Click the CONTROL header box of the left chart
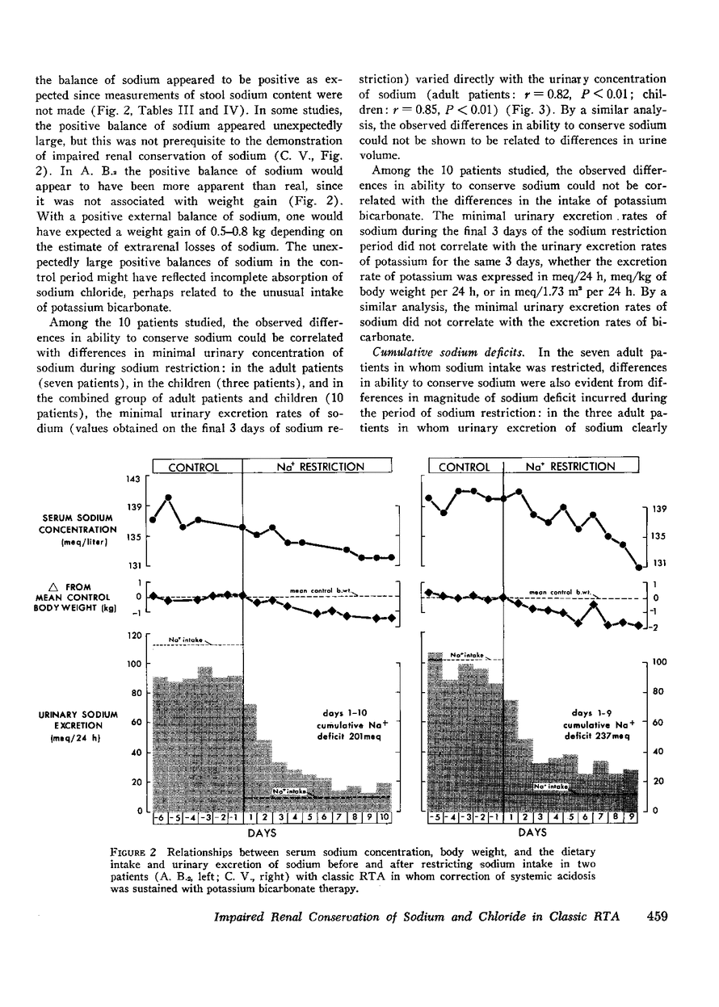(x=196, y=467)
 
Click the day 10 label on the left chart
(x=384, y=817)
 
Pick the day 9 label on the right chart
(x=632, y=817)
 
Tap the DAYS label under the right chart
(x=533, y=832)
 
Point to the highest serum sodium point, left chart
(x=168, y=497)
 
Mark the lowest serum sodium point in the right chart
(x=639, y=566)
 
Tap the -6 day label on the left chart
(x=159, y=817)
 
